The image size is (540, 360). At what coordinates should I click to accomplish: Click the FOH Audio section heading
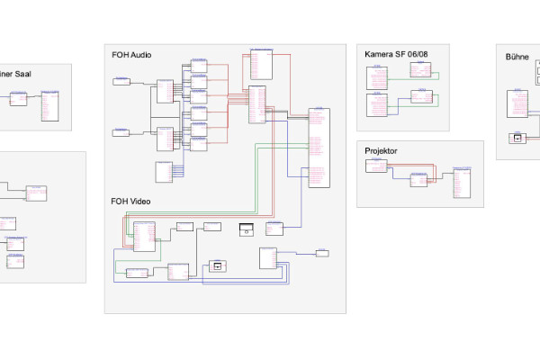click(x=131, y=56)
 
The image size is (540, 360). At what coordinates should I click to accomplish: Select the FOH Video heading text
click(x=130, y=201)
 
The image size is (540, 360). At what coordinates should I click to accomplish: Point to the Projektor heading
click(x=381, y=151)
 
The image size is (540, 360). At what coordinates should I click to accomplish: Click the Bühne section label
click(x=517, y=56)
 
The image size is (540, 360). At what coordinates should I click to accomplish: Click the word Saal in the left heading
click(x=22, y=74)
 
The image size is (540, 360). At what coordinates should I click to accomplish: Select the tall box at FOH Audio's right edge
click(x=319, y=148)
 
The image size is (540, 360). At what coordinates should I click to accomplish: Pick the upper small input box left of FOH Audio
click(x=121, y=82)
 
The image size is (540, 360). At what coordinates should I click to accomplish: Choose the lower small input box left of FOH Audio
click(x=121, y=132)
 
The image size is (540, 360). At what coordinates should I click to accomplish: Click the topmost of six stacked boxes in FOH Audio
click(x=199, y=66)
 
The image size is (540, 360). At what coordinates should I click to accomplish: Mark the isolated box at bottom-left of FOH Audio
click(x=164, y=172)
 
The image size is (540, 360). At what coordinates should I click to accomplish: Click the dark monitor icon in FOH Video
click(x=248, y=229)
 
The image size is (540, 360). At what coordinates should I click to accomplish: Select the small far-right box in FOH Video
click(x=322, y=253)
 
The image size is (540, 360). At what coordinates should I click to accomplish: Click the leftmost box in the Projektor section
click(x=381, y=166)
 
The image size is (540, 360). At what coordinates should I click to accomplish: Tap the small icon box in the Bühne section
click(x=517, y=138)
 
